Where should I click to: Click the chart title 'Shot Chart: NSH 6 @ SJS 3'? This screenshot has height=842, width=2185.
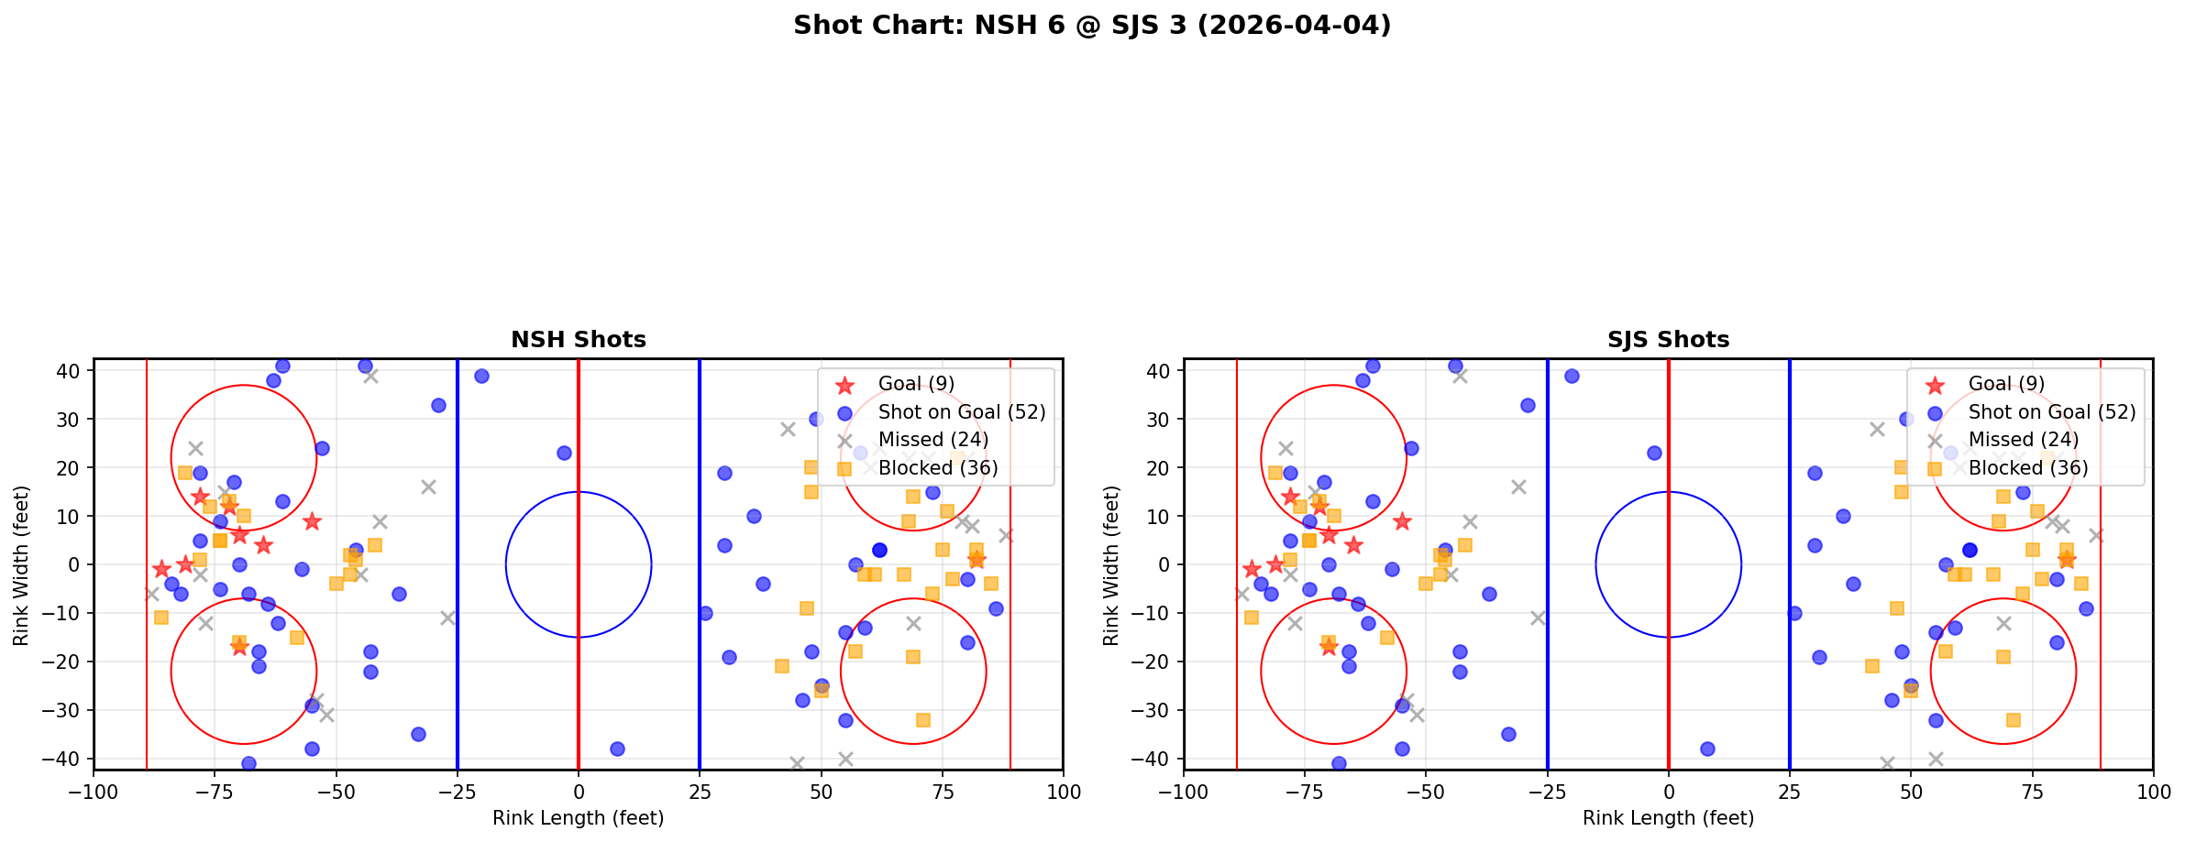click(x=1092, y=26)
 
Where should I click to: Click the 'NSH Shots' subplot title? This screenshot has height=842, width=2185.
click(x=579, y=340)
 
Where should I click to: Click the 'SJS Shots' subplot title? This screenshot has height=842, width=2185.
click(x=1668, y=340)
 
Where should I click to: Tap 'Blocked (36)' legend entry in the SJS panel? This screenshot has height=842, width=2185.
click(x=2028, y=468)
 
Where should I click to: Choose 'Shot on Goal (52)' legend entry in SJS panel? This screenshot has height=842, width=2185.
click(x=2052, y=412)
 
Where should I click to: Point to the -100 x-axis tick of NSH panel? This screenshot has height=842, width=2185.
click(x=94, y=792)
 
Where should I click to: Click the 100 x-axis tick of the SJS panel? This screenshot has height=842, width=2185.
click(x=2153, y=792)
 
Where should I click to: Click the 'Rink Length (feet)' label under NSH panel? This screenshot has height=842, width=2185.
click(x=579, y=818)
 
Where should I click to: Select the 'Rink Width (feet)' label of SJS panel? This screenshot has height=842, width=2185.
click(x=1111, y=565)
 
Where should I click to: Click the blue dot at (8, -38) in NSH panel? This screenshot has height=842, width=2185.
click(x=617, y=749)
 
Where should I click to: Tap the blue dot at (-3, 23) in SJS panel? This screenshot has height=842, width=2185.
click(x=1654, y=453)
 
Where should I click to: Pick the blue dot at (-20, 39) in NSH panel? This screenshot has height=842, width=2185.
click(x=481, y=376)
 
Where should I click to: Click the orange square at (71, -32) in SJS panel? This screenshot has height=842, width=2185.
click(x=2013, y=720)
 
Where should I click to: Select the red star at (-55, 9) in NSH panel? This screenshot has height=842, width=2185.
click(x=312, y=521)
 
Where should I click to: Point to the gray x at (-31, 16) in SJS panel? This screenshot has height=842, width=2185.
click(x=1518, y=487)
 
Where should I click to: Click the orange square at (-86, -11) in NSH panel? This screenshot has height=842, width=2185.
click(x=161, y=618)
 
